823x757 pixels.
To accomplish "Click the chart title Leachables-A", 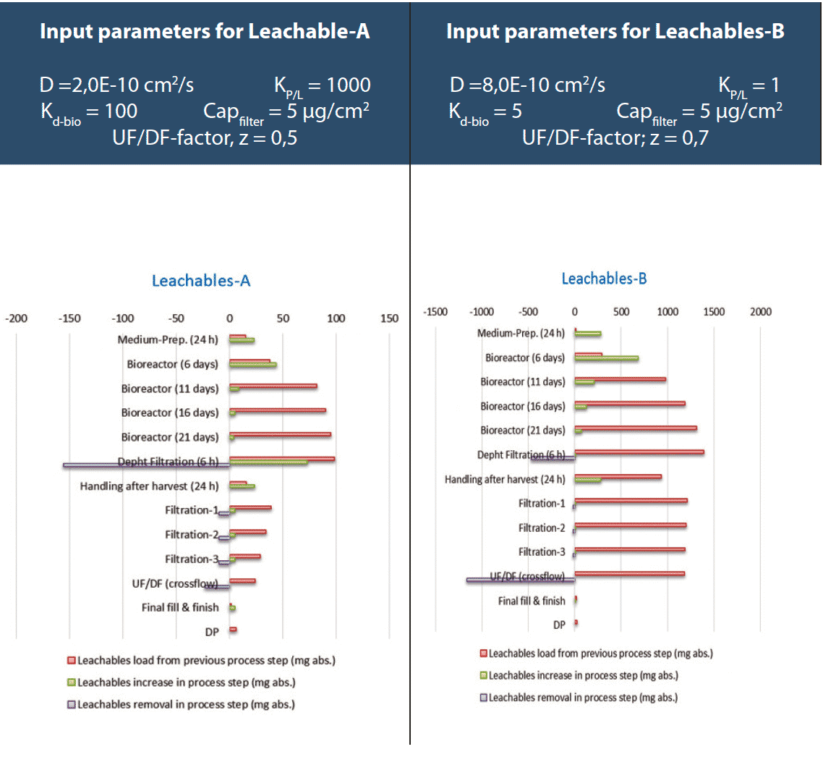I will point(201,282).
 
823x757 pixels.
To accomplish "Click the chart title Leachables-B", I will point(604,278).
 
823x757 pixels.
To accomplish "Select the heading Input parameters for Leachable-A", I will point(205,33).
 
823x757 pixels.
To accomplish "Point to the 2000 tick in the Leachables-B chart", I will point(760,312).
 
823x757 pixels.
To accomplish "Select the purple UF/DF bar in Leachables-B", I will point(521,580).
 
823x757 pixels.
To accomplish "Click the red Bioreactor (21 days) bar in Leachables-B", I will point(636,428).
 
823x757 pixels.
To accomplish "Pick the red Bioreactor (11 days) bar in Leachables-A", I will point(273,386).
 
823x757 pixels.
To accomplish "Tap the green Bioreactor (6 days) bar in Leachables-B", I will point(607,358).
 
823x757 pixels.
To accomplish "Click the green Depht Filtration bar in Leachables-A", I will point(268,462).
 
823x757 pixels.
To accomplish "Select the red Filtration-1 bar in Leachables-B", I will point(631,500).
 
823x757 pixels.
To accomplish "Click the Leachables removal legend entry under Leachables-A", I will point(181,704).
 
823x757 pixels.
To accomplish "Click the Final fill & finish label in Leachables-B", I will point(532,601).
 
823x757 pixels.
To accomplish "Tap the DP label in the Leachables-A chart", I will point(211,633).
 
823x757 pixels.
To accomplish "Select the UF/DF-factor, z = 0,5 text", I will point(205,138).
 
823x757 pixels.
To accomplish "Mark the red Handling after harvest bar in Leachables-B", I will point(618,476).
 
